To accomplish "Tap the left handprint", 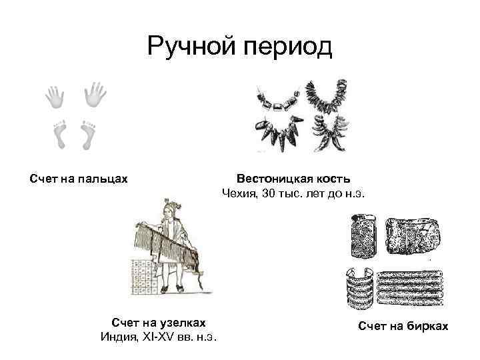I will coord(55,97).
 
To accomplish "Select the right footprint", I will coord(87,134).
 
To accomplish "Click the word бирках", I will coord(427,326).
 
